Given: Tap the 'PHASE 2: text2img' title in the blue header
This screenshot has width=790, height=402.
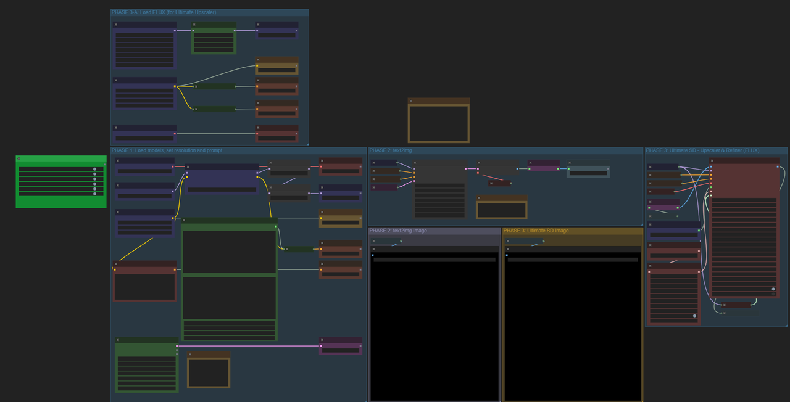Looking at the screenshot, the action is coord(391,150).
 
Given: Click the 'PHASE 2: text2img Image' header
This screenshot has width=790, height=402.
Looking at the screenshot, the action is coord(398,231).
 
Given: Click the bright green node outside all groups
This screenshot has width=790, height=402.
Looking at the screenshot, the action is coord(61,182).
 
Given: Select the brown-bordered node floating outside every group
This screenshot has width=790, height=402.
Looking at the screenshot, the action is coord(439,120).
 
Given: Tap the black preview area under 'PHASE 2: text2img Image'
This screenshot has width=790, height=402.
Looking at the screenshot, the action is coord(434,327).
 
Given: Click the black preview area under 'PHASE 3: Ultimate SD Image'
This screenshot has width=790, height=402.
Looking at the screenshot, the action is coord(573,327).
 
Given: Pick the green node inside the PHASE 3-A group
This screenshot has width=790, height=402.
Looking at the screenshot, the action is coord(214,38).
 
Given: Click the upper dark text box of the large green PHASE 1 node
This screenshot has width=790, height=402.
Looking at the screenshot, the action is coord(229,252).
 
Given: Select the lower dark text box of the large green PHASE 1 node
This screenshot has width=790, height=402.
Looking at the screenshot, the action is coord(229,298).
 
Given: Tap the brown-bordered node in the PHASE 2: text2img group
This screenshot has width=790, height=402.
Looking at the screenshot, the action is coord(502,207).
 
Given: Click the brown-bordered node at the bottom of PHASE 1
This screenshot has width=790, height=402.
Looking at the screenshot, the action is coord(209,370).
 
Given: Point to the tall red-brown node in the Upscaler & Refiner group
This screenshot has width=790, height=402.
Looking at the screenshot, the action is coord(744,228).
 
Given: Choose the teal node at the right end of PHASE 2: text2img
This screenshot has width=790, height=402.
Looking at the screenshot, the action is coord(588,169).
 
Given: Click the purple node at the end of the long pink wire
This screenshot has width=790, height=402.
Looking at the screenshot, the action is coord(341,346).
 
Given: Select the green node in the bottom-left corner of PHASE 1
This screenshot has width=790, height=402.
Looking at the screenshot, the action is coord(147,365).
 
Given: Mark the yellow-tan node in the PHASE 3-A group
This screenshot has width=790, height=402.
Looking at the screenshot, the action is coord(277,66).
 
